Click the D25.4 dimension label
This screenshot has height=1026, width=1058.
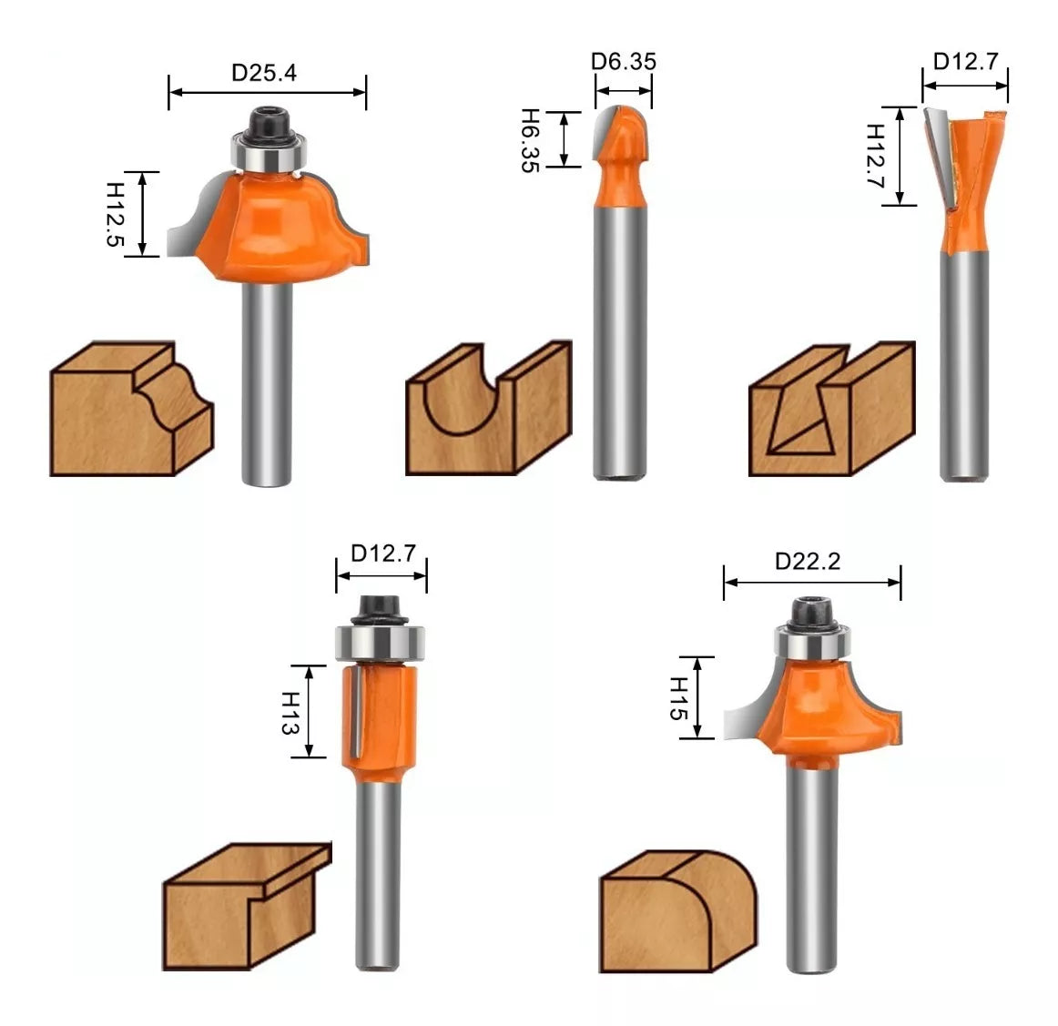pos(264,73)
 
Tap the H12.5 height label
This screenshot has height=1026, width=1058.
pos(116,214)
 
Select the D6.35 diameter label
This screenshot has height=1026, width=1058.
pos(624,62)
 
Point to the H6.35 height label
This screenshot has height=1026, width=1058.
pos(531,140)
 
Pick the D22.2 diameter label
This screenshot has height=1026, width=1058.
pos(808,561)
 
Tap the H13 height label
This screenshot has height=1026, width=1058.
pos(290,712)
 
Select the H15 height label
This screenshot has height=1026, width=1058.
pos(679,698)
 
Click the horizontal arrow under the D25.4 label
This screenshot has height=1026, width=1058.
pos(267,92)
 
